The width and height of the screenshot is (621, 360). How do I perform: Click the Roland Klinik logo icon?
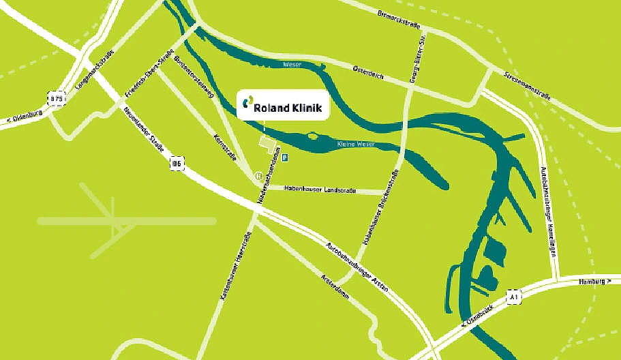(x=245, y=105)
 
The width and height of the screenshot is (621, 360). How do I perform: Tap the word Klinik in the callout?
(x=305, y=107)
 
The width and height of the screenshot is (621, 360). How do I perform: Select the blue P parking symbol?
(x=285, y=157)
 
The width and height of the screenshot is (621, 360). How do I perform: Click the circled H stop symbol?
(x=258, y=176)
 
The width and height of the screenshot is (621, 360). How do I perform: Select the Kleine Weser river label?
(x=356, y=145)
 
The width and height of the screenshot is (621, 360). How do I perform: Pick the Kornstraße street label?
(x=225, y=147)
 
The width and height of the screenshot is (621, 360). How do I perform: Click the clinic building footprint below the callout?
(x=268, y=145)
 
